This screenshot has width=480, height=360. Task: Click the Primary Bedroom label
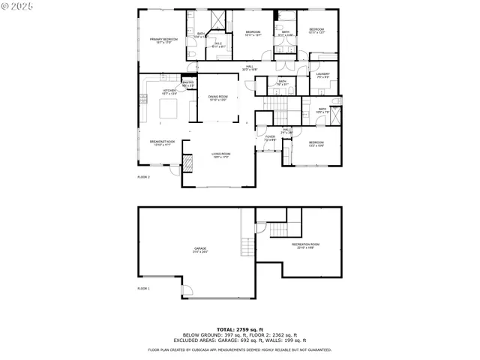(x=163, y=40)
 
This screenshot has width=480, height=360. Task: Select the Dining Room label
(x=218, y=97)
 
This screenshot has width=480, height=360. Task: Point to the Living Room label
(x=220, y=154)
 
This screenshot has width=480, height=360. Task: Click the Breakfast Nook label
(x=162, y=142)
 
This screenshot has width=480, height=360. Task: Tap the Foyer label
(x=270, y=138)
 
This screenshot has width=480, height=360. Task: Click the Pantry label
(x=187, y=83)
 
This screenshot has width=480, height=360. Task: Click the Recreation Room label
(x=305, y=245)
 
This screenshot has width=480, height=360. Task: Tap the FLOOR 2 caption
(x=143, y=177)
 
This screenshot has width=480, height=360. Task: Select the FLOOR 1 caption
(x=143, y=288)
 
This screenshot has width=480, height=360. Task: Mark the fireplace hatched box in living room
(x=189, y=164)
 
